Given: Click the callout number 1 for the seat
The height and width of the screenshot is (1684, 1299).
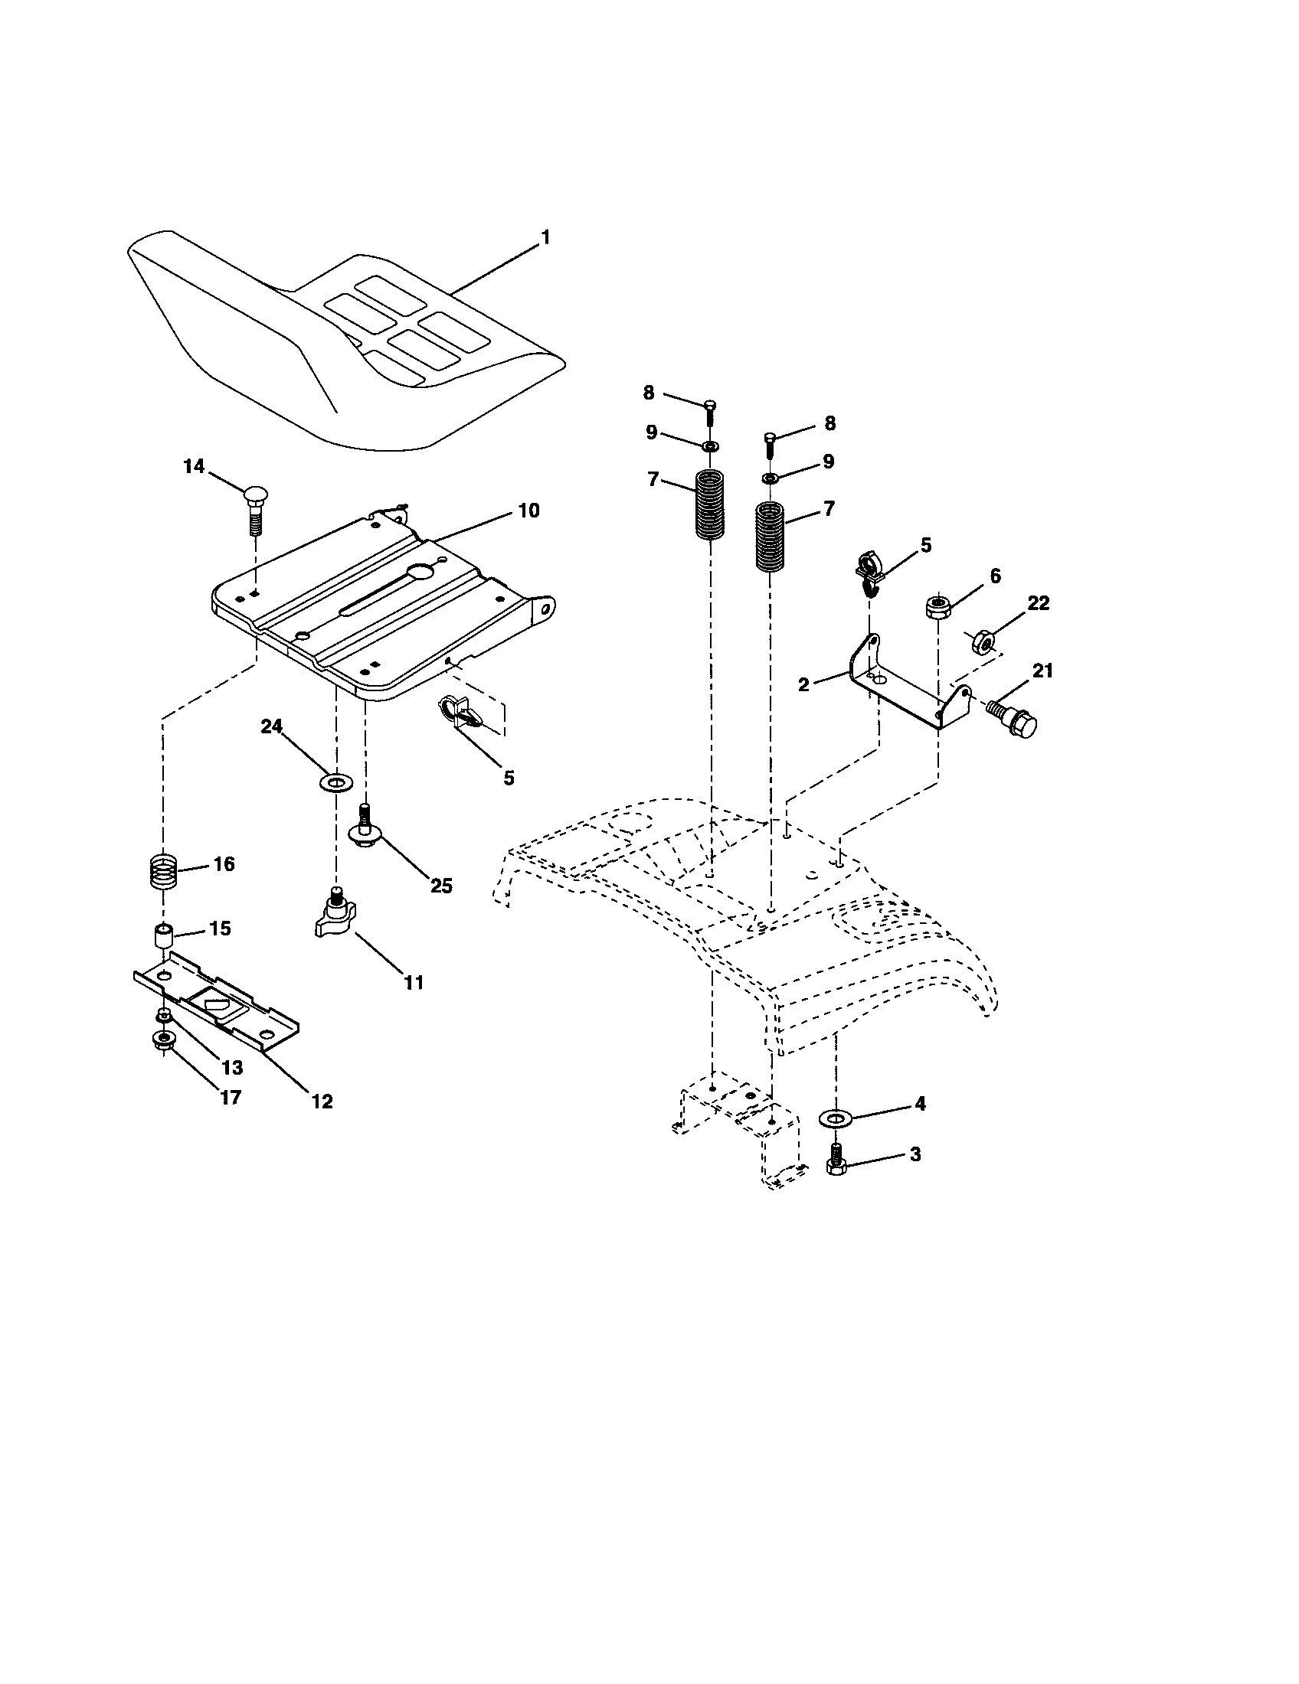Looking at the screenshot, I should [545, 238].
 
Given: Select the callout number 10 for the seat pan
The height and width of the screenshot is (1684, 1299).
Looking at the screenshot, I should [528, 511].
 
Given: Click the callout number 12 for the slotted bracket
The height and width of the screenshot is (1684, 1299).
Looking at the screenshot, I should [322, 1101].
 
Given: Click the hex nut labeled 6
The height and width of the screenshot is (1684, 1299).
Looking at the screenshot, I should [937, 607].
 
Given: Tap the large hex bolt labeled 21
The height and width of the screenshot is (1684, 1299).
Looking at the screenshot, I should [1013, 718].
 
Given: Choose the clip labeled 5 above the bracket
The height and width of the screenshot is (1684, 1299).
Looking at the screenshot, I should [869, 571].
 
